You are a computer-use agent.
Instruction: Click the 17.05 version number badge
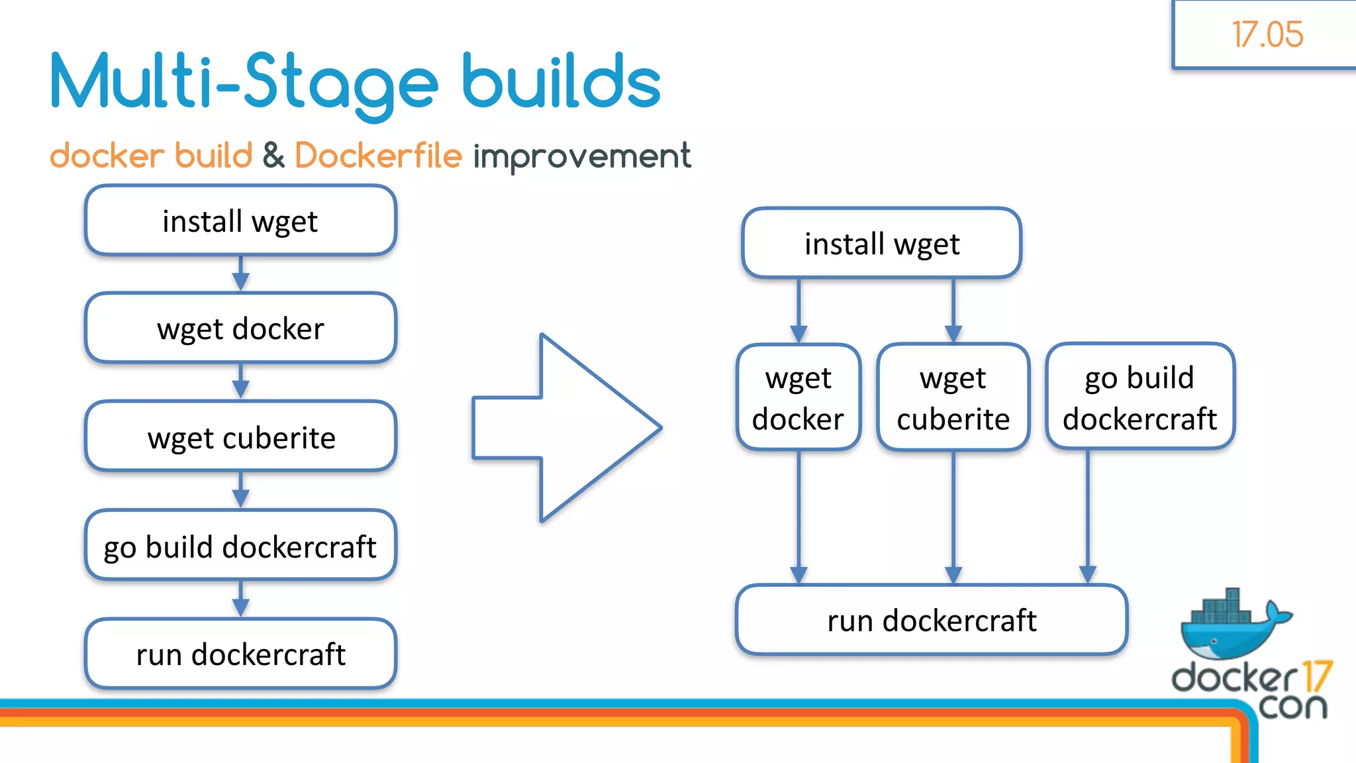(1267, 34)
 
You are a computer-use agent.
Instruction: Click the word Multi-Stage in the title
(244, 82)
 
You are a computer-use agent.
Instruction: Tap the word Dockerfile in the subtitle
(378, 156)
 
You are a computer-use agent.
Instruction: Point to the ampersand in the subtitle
(273, 156)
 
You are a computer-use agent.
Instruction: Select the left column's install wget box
(240, 221)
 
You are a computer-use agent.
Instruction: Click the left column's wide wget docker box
(240, 329)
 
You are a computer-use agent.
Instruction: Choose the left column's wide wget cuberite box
(240, 437)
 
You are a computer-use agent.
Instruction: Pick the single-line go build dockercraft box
(240, 546)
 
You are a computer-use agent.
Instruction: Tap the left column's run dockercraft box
(240, 654)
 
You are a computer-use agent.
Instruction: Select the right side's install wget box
(881, 244)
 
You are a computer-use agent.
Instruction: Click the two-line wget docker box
(799, 397)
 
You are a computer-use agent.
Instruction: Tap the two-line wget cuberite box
(953, 397)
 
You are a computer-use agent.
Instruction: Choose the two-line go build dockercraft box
(1139, 397)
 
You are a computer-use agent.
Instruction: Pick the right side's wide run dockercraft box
(931, 621)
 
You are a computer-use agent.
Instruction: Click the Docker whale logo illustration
(1232, 626)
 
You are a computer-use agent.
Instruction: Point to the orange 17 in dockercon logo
(1316, 677)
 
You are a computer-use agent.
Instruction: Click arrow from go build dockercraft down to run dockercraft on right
(1088, 517)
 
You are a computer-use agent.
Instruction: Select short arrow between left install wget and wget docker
(241, 274)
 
